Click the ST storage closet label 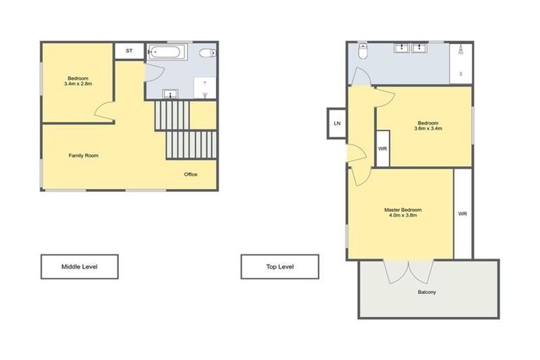tap(129, 51)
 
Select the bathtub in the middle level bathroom tap(167, 51)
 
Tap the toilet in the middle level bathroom tap(207, 53)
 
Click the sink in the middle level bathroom tap(169, 94)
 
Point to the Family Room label tap(83, 155)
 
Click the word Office tap(191, 174)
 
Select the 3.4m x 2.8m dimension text tap(78, 84)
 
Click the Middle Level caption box tap(79, 266)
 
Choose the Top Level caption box tap(280, 266)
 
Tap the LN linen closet tap(337, 124)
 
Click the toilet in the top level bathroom tap(363, 53)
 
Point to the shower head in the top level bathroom tap(461, 49)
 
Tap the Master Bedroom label tap(403, 210)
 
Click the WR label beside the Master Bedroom tap(463, 214)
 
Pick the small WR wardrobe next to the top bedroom tap(382, 149)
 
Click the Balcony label tap(427, 292)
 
